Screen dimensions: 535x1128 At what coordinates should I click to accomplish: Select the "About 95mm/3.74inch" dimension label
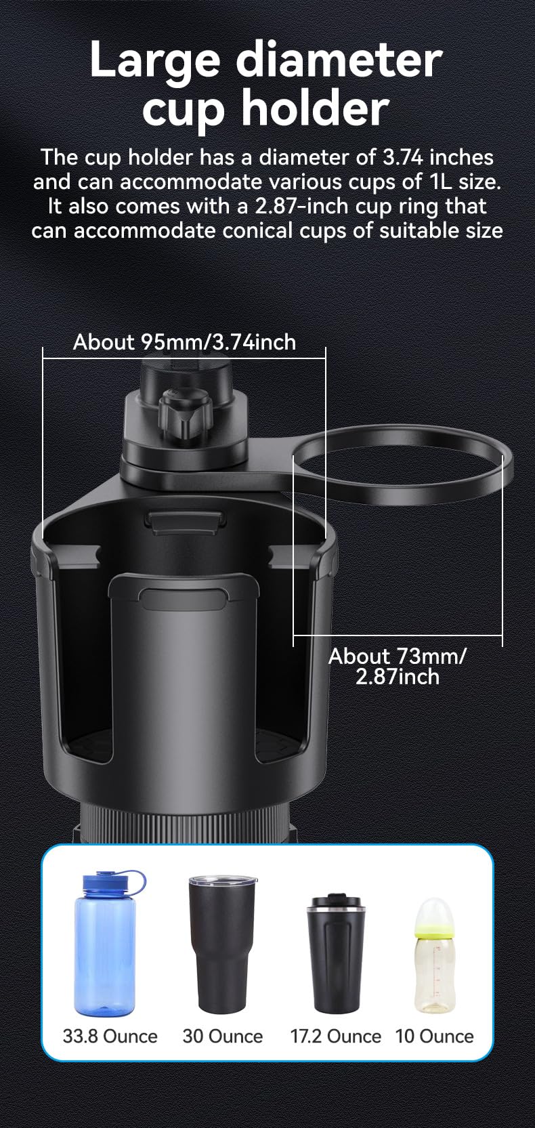point(184,342)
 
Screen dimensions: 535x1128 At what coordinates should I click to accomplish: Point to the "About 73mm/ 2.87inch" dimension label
point(397,666)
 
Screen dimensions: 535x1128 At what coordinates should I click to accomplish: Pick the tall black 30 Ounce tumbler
point(222,944)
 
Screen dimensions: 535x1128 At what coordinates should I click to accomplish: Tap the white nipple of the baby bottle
point(435,913)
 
